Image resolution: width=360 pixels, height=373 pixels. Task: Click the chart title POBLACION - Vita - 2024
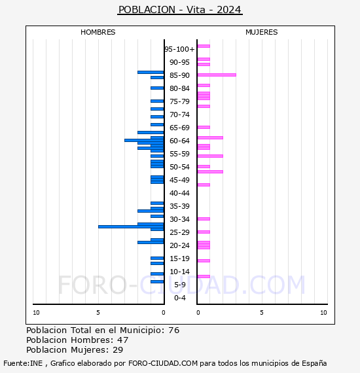(180, 10)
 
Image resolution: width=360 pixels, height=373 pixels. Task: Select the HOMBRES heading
(98, 32)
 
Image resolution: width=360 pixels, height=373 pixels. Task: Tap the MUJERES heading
(262, 32)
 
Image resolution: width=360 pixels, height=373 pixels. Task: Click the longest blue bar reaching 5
(131, 226)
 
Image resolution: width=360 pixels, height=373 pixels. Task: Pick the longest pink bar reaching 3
(217, 75)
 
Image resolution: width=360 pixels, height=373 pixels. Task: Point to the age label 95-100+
(179, 49)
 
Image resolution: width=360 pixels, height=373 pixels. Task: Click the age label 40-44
(179, 193)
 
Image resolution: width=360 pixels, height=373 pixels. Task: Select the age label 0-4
(179, 298)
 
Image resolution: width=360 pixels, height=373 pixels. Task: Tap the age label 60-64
(179, 141)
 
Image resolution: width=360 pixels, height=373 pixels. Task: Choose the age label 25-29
(179, 232)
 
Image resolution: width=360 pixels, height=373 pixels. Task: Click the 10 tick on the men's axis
(36, 313)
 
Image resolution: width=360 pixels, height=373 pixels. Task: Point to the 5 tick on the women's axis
(262, 313)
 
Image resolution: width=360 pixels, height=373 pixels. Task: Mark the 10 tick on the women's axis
(323, 313)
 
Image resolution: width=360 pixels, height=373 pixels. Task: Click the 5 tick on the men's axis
(98, 313)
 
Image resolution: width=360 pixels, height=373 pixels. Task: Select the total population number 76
(174, 330)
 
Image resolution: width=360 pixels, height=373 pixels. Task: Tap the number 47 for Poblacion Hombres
(123, 340)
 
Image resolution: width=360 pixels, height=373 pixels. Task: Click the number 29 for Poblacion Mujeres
(118, 349)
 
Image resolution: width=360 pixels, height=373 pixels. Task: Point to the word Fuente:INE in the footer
(23, 363)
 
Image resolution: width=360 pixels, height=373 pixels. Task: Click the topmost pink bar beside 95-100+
(204, 46)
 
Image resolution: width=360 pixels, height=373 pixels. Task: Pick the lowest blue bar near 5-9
(157, 281)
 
